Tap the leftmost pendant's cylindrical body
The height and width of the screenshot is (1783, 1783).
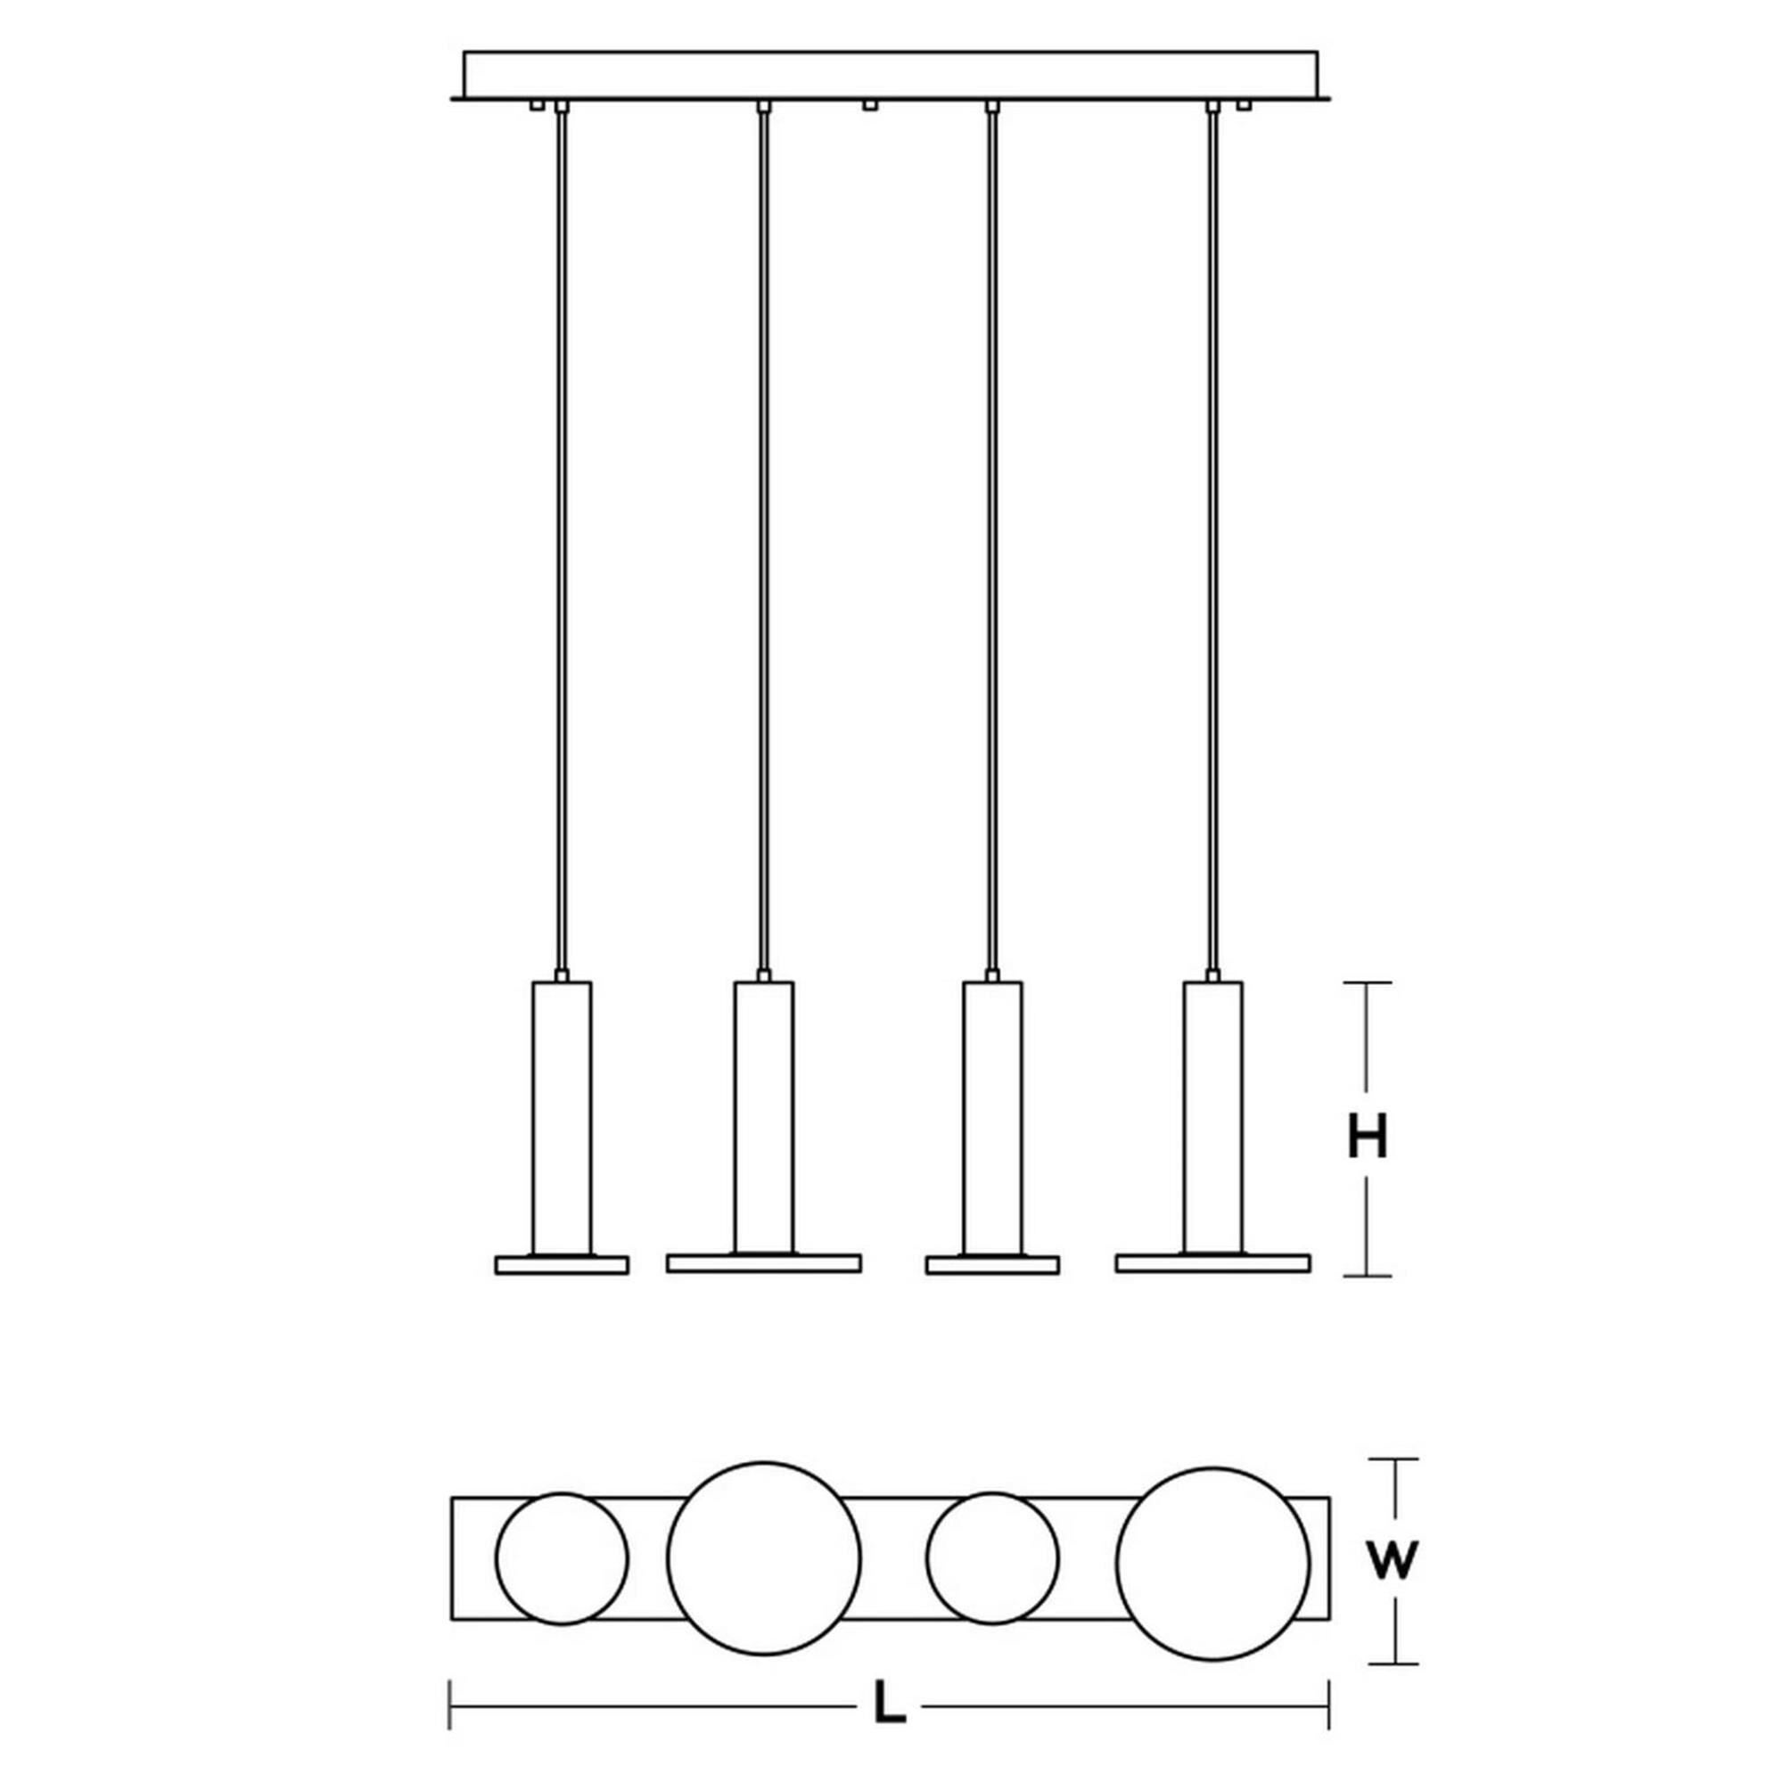pyautogui.click(x=562, y=1117)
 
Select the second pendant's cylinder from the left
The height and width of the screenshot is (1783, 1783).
pyautogui.click(x=763, y=1117)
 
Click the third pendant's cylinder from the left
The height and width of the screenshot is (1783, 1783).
pyautogui.click(x=992, y=1117)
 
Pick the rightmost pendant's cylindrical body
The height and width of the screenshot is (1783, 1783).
pyautogui.click(x=1212, y=1117)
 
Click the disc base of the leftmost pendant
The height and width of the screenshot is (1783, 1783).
pyautogui.click(x=562, y=1264)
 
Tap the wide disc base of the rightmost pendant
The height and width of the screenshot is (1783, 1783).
pyautogui.click(x=1212, y=1262)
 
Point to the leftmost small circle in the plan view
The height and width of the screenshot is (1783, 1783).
pyautogui.click(x=562, y=1557)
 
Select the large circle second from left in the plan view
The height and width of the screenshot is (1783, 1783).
pyautogui.click(x=764, y=1557)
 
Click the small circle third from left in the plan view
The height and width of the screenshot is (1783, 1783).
pyautogui.click(x=993, y=1557)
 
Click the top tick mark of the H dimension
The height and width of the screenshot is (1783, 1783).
pyautogui.click(x=1367, y=982)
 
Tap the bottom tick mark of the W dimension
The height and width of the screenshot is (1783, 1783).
pyautogui.click(x=1393, y=1663)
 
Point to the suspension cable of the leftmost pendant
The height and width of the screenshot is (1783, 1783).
pyautogui.click(x=562, y=554)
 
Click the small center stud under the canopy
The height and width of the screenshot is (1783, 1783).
pyautogui.click(x=867, y=106)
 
